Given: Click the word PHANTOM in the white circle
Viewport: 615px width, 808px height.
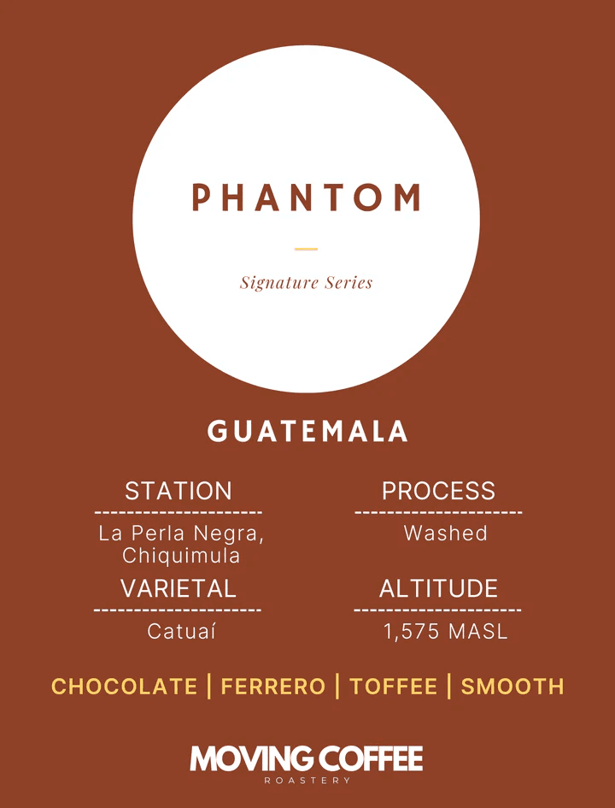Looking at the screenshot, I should point(307,198).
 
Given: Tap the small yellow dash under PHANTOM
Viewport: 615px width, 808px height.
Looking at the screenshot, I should point(306,249).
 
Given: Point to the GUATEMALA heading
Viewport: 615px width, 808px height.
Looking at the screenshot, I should point(307,432).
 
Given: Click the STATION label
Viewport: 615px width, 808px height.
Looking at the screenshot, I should point(178,491).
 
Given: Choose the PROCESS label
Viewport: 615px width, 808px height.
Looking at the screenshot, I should point(438,491).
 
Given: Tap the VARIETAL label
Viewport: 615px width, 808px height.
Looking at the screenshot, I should point(178,588).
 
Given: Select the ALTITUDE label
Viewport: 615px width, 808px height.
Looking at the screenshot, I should point(438,588).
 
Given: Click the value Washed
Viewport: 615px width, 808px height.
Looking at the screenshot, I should point(445,534).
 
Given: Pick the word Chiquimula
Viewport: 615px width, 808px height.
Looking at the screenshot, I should point(181,556).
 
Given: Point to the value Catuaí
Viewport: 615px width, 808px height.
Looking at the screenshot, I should point(181,632).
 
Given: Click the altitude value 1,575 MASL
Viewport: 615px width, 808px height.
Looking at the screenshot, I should point(445,632).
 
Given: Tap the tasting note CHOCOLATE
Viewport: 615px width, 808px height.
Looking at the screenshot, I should point(125,687).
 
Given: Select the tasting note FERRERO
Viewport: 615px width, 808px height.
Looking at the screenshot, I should point(273,687).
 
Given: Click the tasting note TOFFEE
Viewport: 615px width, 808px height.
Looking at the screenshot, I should point(393,687).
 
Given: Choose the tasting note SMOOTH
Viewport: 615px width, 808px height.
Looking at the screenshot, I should point(512,687).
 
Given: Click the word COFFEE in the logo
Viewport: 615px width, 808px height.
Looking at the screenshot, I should point(370,758).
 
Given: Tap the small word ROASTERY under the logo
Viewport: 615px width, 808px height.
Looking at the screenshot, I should point(307,781).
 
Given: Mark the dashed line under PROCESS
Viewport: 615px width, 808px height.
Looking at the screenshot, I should point(438,513).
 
